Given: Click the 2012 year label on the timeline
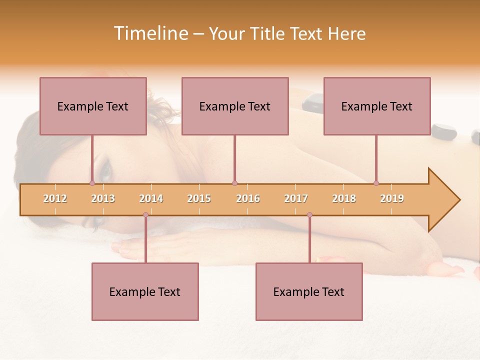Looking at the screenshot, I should (x=55, y=198).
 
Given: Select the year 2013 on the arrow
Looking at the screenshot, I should (x=103, y=198).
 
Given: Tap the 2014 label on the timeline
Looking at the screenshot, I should (x=151, y=198).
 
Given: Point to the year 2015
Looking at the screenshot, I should (x=199, y=198).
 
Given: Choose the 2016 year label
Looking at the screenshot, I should (x=248, y=198).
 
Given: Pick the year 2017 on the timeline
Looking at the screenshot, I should (x=296, y=198).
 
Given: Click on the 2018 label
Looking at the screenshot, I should (x=344, y=198).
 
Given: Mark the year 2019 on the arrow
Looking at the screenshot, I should (x=392, y=198).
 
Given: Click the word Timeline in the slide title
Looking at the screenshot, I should (x=150, y=33).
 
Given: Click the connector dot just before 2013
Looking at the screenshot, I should (x=92, y=183).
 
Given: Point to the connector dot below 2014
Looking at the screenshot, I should (x=145, y=215).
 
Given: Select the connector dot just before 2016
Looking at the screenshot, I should (x=234, y=183).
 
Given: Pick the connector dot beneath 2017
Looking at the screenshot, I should (x=309, y=215).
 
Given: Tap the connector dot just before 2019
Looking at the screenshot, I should (x=376, y=183).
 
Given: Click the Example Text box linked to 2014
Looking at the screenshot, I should (x=145, y=291).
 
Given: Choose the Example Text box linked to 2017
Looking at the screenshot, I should (x=309, y=291).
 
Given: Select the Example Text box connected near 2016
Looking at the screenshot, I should (x=235, y=106).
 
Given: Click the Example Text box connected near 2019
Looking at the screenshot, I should (x=377, y=106).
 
